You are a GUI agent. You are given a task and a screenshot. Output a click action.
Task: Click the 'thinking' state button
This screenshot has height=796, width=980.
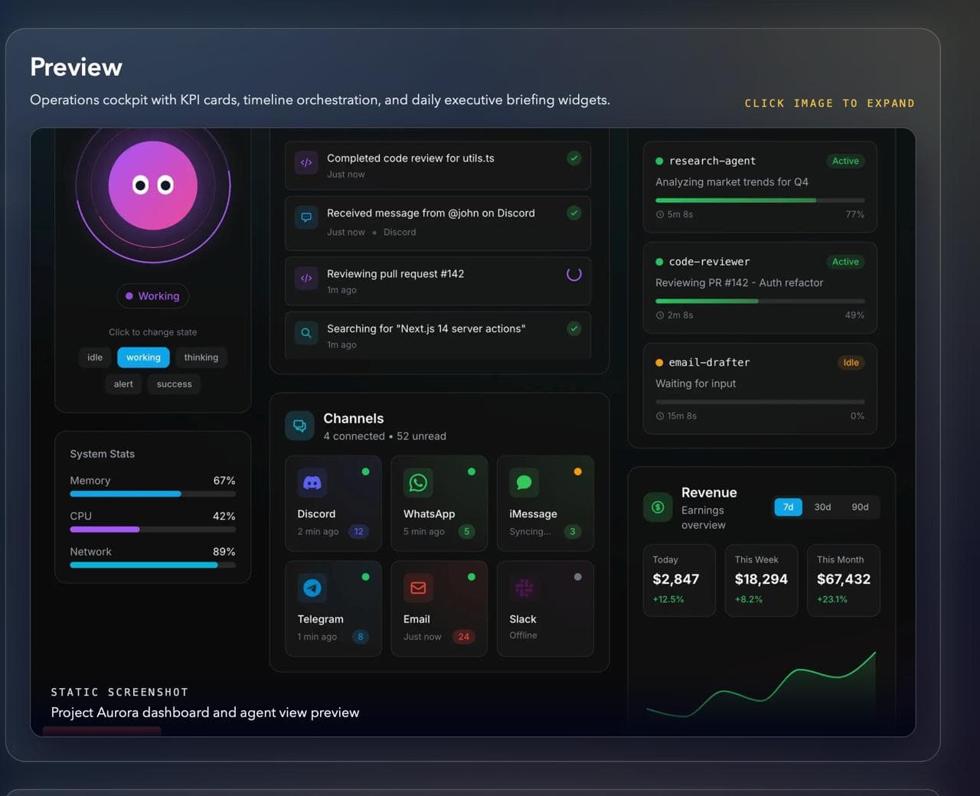pos(201,357)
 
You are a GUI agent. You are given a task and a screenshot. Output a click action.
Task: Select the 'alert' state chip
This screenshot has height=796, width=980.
pos(123,384)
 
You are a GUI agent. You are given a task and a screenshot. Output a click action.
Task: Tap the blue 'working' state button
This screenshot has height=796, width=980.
pos(143,357)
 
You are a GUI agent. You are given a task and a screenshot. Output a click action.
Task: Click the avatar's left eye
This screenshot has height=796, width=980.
pos(140,185)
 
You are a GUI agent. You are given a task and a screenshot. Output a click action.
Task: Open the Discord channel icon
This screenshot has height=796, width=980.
pos(312,483)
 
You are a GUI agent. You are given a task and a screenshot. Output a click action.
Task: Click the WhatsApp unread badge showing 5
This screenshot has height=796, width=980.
pos(466,531)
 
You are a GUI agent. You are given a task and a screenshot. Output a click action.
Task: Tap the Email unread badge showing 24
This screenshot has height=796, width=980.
pos(463,637)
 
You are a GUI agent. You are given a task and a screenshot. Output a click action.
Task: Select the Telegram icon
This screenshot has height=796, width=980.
pos(312,588)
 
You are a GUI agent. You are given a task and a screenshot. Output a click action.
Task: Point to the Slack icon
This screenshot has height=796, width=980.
pos(524,588)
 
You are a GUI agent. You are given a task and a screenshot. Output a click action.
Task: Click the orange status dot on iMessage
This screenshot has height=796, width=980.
pos(577,471)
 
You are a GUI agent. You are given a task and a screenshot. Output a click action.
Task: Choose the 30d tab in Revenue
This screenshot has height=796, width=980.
pos(822,507)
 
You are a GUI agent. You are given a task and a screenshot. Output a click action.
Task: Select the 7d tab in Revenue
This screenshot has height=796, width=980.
pos(788,507)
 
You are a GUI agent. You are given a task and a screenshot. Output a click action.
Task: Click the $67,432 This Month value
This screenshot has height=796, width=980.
pos(843,579)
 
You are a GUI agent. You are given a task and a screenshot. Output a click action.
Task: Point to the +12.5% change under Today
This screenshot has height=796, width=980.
pos(668,599)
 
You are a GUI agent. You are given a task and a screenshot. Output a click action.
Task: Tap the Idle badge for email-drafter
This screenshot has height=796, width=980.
pos(851,363)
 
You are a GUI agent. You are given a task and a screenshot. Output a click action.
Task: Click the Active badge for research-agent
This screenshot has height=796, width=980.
pos(845,161)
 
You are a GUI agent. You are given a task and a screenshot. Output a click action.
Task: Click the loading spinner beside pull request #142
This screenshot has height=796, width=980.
pos(573,274)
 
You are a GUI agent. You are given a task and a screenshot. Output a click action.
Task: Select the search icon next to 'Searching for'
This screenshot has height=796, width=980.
pos(306,333)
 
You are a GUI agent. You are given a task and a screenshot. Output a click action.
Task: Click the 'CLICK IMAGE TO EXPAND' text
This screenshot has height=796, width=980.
pos(829,103)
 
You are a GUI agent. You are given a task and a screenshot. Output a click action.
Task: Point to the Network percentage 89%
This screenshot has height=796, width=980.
pos(224,552)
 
